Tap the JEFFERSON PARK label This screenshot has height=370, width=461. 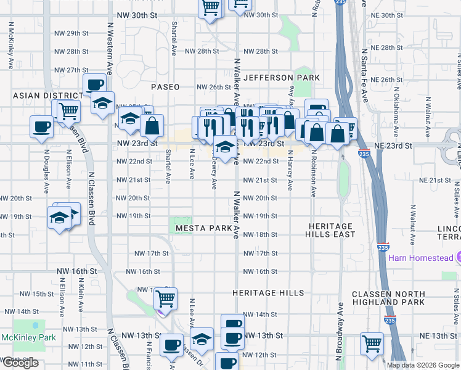click(x=282, y=78)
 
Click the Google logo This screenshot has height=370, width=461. click(x=20, y=363)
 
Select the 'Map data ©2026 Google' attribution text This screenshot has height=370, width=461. click(x=423, y=365)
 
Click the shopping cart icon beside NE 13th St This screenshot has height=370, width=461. click(x=372, y=343)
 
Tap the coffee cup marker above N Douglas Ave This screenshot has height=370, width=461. click(x=42, y=126)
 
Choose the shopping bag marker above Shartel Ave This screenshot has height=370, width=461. click(x=152, y=126)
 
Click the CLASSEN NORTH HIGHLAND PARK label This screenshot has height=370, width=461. click(x=388, y=298)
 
